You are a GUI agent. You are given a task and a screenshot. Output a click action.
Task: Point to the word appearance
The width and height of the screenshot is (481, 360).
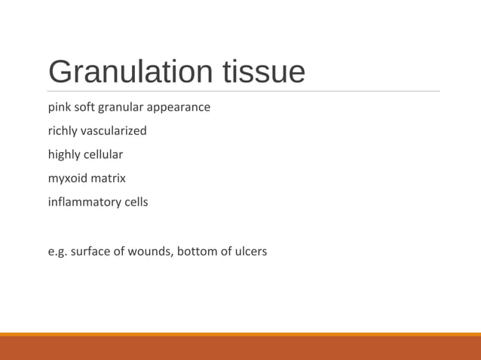coord(179,107)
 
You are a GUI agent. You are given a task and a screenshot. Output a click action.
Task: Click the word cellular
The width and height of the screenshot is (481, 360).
coord(103,154)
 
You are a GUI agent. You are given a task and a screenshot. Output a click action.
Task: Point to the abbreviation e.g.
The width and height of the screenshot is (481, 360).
coord(57,251)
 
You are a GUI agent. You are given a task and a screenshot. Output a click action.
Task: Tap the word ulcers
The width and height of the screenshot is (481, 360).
coord(250,251)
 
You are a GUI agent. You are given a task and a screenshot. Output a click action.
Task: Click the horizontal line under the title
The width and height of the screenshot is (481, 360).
coord(241,91)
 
